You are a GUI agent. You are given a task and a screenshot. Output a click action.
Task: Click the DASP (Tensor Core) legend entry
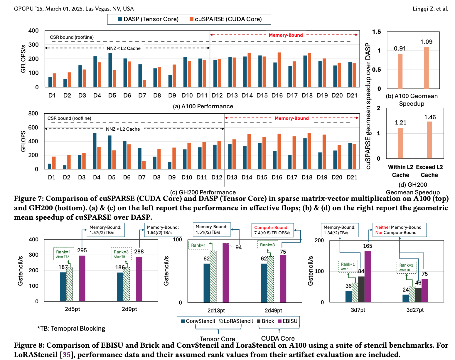(148, 19)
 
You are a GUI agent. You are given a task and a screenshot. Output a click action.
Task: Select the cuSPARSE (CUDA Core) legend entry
(225, 19)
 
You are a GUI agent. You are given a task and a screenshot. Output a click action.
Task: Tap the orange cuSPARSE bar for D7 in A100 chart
(144, 83)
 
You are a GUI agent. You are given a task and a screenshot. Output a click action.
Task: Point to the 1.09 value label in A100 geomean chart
(426, 42)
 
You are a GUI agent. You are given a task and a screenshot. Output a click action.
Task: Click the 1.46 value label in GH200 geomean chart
(430, 117)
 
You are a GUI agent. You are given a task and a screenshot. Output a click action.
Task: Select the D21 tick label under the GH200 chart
(352, 177)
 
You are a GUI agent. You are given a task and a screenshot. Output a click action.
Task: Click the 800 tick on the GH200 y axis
(33, 113)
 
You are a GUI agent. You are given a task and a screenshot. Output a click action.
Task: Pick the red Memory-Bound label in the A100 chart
(286, 35)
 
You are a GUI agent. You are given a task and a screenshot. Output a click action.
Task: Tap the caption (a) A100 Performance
(203, 106)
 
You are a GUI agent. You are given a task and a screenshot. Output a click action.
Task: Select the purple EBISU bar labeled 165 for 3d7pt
(368, 276)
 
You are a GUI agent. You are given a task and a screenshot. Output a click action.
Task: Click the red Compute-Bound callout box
(272, 230)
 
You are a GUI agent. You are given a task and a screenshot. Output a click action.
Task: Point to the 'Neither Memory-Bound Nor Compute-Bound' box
(399, 230)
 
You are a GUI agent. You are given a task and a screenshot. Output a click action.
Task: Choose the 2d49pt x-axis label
(273, 311)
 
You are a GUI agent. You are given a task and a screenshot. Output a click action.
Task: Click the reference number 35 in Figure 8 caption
(67, 355)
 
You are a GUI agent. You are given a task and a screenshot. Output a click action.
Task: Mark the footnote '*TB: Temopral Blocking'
(71, 329)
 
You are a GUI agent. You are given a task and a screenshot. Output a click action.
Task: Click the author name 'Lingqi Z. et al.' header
(430, 9)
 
